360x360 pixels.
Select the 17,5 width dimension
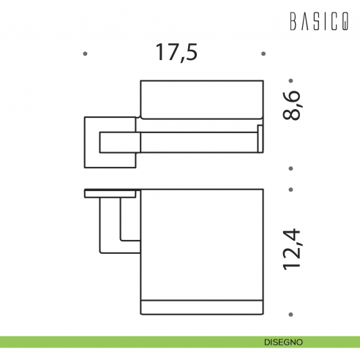click(x=176, y=53)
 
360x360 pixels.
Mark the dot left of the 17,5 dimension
click(x=86, y=53)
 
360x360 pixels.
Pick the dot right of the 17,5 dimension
click(x=263, y=53)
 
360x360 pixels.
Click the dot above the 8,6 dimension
click(x=290, y=80)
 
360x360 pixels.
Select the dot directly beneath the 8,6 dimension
click(x=290, y=168)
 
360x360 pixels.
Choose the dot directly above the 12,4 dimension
click(x=290, y=189)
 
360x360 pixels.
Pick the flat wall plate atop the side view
click(x=110, y=194)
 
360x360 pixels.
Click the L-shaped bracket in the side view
click(x=110, y=227)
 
